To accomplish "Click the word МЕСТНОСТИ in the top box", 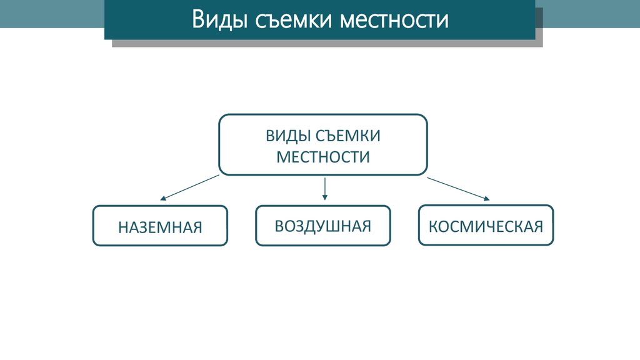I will pos(323,156).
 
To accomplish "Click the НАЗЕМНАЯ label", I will pos(160,227).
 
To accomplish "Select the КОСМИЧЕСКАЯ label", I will pos(486,225).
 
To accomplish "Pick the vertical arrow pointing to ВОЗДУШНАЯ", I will pos(325,187).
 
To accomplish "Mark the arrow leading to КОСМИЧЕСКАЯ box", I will pos(458,188).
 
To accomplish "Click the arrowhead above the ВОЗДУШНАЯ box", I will pos(325,197).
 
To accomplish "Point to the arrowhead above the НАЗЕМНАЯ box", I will pos(162,198).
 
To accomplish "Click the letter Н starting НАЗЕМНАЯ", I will pos(122,227).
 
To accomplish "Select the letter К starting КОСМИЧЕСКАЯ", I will pos(432,225).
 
